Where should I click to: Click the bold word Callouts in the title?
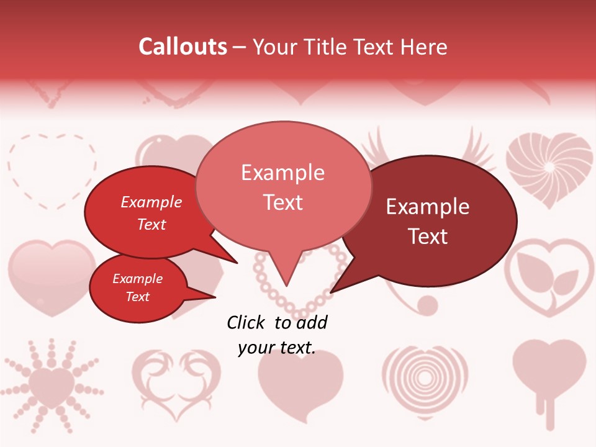coord(183,47)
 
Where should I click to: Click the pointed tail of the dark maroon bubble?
coord(333,290)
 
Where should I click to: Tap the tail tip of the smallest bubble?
coord(214,297)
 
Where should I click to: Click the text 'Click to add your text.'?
coord(277,335)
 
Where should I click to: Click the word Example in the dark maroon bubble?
coord(428,207)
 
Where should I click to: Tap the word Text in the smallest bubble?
coord(138,297)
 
